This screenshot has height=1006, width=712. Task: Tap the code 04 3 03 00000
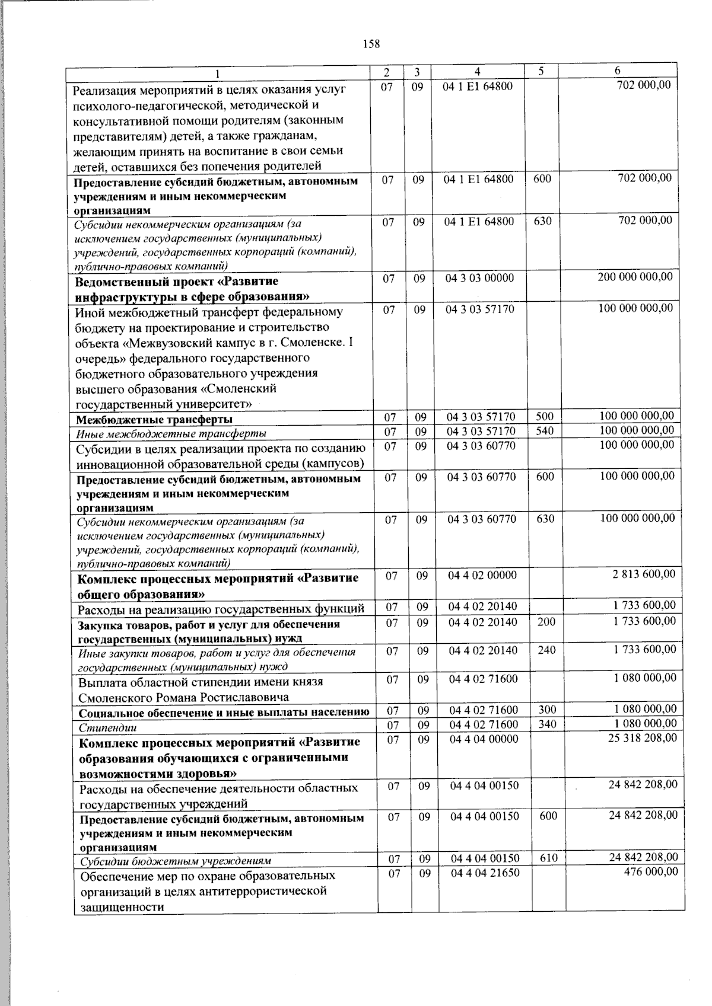point(480,277)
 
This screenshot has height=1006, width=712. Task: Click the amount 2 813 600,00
point(644,574)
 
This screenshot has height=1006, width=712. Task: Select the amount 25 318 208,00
point(643,737)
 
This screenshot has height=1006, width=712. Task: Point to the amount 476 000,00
point(650,871)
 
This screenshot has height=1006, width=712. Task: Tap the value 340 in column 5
point(547,724)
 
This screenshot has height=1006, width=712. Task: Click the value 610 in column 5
point(548,858)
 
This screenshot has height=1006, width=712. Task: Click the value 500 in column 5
point(544,417)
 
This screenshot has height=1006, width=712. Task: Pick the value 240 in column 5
point(546,650)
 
